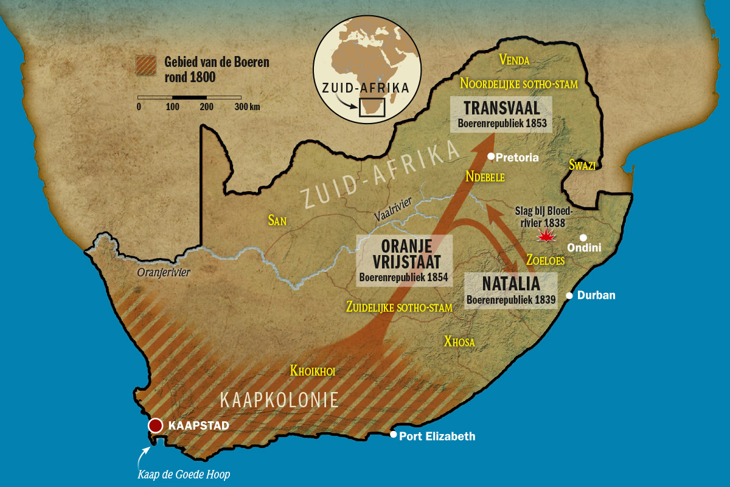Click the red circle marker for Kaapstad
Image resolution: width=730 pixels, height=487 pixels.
[156, 426]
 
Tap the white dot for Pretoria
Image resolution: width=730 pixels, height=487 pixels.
[491, 156]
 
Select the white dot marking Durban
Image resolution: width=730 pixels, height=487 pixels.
[569, 296]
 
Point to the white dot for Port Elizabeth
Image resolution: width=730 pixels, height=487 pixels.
[394, 435]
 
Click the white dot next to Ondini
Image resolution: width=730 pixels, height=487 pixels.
[583, 238]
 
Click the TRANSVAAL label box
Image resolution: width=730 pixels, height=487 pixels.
[501, 114]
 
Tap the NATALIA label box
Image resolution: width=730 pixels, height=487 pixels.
[510, 290]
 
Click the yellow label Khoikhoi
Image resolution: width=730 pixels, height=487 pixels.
[313, 371]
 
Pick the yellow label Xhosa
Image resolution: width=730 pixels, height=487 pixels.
[459, 342]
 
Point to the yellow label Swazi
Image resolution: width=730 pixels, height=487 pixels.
[582, 164]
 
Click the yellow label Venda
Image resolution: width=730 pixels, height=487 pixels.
[514, 60]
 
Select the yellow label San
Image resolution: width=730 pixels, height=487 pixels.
[277, 220]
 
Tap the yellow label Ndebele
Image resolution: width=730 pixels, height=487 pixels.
[486, 177]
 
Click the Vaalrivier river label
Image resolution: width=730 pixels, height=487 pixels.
[394, 209]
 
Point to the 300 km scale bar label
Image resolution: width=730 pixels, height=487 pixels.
[247, 107]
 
